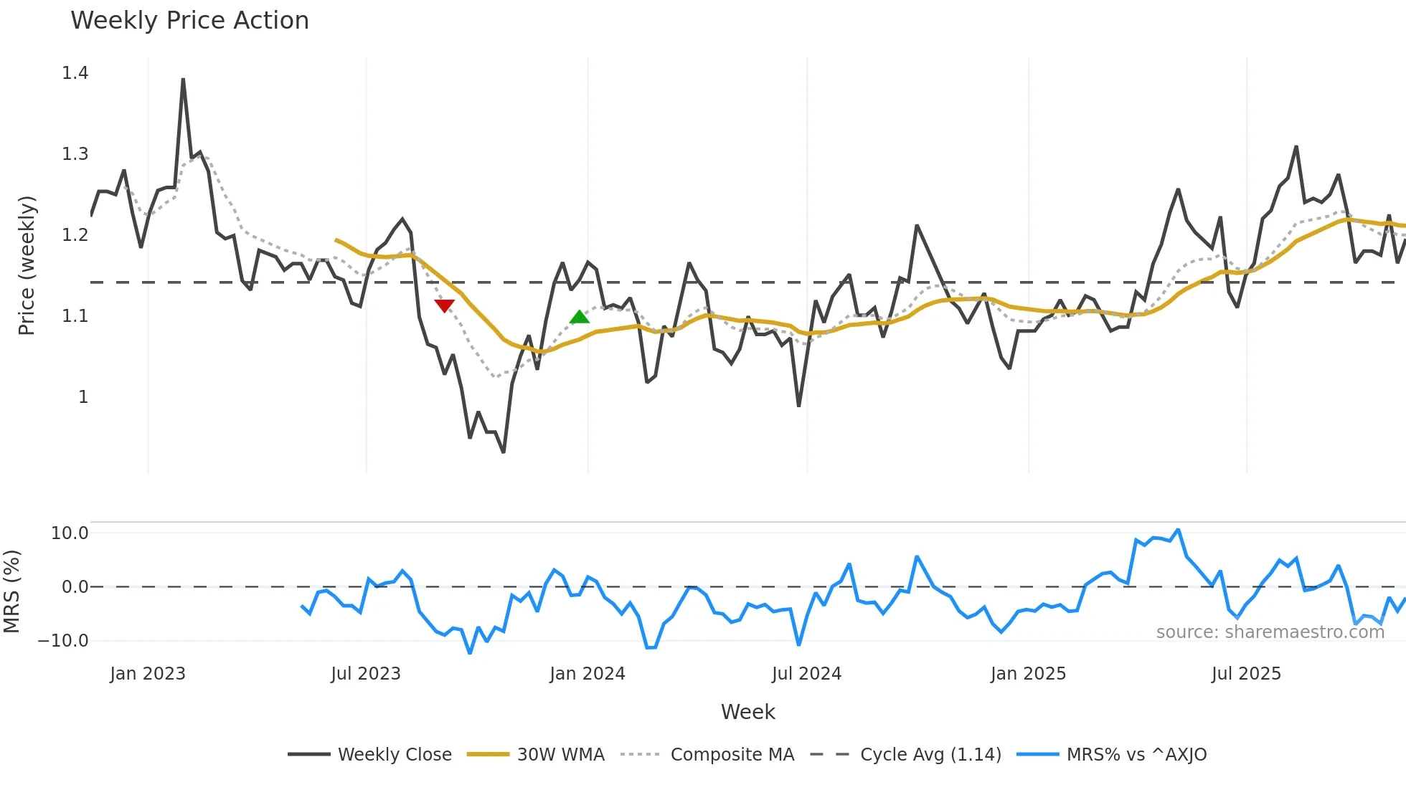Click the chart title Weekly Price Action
189,21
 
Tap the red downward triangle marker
445,306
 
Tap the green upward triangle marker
580,317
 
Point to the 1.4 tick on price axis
75,73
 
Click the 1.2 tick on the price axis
75,235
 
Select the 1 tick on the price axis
83,397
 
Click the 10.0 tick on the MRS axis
70,533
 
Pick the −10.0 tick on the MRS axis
63,641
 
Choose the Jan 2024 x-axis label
588,674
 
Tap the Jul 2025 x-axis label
1246,674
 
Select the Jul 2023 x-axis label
366,674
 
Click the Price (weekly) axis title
27,265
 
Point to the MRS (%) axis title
11,591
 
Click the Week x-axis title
747,712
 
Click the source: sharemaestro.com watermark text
1270,632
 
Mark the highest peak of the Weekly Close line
183,80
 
